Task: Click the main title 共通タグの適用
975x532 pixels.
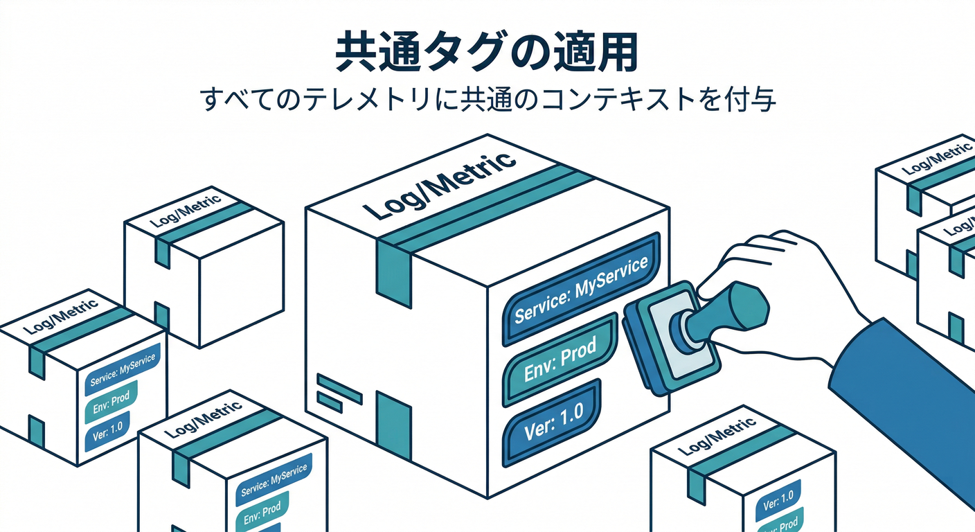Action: coord(487,51)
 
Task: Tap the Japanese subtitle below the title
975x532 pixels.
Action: coord(487,99)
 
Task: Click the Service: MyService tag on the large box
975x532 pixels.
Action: coord(581,290)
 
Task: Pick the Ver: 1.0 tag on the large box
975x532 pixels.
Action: coord(553,423)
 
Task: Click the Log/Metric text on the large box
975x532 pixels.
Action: coord(440,186)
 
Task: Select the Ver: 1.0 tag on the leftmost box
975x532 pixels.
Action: coord(107,431)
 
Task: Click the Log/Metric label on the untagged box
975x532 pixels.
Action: coord(186,211)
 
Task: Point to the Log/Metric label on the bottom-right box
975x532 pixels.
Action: coord(717,436)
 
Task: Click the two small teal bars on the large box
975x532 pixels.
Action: coord(339,393)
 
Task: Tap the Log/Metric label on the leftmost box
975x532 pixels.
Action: coord(60,317)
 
